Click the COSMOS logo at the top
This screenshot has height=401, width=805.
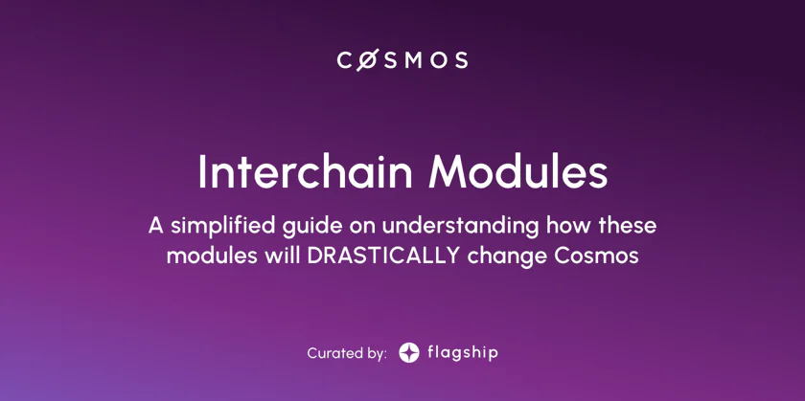402,60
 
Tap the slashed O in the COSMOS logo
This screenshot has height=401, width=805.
368,60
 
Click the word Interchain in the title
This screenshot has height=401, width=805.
305,172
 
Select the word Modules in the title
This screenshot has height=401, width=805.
518,172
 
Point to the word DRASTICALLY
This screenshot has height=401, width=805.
383,256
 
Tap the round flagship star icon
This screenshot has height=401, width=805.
408,353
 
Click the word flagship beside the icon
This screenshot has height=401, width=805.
463,353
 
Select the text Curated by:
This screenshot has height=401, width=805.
347,353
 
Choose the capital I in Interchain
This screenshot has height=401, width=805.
202,172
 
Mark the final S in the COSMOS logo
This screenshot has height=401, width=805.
461,60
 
